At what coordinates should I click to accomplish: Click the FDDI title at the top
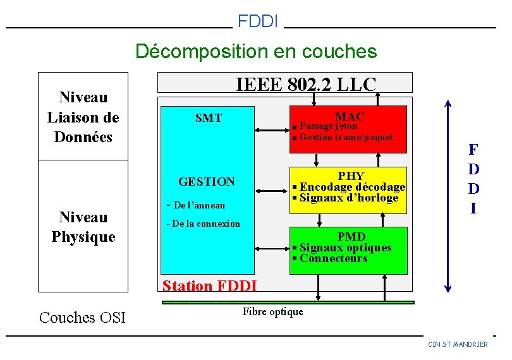(x=258, y=21)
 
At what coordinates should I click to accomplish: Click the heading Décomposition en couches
(x=256, y=51)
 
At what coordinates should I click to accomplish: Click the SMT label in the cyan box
(x=208, y=118)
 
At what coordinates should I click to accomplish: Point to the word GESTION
(x=207, y=182)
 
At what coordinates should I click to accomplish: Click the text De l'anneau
(x=195, y=205)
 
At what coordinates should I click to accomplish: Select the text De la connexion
(x=203, y=224)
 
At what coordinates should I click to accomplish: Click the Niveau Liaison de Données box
(x=83, y=117)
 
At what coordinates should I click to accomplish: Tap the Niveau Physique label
(x=83, y=227)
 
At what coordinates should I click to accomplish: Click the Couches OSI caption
(x=82, y=317)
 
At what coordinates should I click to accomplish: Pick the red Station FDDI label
(x=209, y=286)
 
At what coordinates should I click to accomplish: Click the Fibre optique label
(x=272, y=311)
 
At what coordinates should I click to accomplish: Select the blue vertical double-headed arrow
(x=448, y=196)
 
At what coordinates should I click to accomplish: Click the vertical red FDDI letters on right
(x=473, y=179)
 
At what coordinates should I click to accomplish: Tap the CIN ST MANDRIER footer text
(x=458, y=344)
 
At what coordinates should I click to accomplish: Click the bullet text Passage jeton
(x=328, y=126)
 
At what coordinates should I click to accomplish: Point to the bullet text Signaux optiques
(x=345, y=248)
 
